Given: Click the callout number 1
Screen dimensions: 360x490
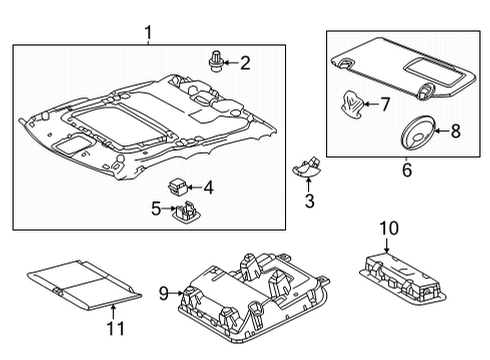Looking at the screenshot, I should [148, 35].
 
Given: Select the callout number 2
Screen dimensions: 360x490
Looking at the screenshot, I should [243, 63].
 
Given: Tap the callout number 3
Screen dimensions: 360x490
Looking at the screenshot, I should [309, 201].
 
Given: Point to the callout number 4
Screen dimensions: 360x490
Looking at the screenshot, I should [208, 186].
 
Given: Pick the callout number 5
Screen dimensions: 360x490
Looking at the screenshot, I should [156, 208].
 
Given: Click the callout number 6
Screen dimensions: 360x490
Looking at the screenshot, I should [406, 171].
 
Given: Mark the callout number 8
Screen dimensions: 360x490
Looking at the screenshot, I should [455, 129].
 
